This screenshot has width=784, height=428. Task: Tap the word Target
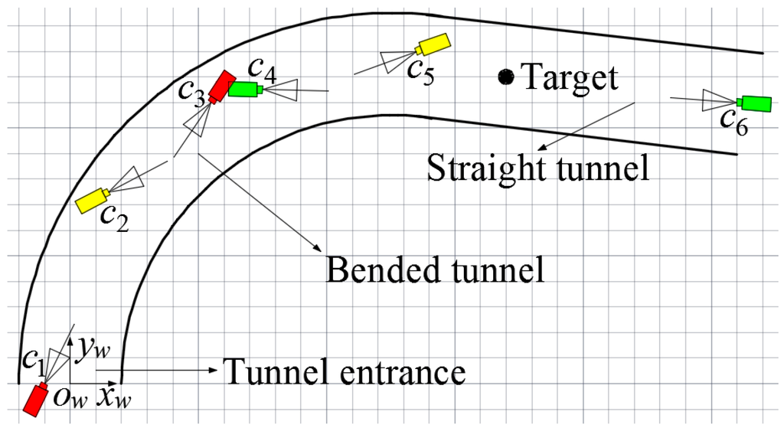coord(567,77)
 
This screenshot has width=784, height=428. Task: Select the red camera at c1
coord(35,398)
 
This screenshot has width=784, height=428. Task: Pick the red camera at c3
coord(221,85)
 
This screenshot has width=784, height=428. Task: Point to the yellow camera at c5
coord(433,44)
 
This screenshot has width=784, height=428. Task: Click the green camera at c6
coord(755,102)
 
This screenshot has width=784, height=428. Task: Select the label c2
coord(113,219)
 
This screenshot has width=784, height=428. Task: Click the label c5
coord(422,69)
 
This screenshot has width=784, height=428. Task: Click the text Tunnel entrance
coord(344,373)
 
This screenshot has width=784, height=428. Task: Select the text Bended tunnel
coord(436,270)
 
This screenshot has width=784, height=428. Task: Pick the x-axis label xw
coord(116,397)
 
